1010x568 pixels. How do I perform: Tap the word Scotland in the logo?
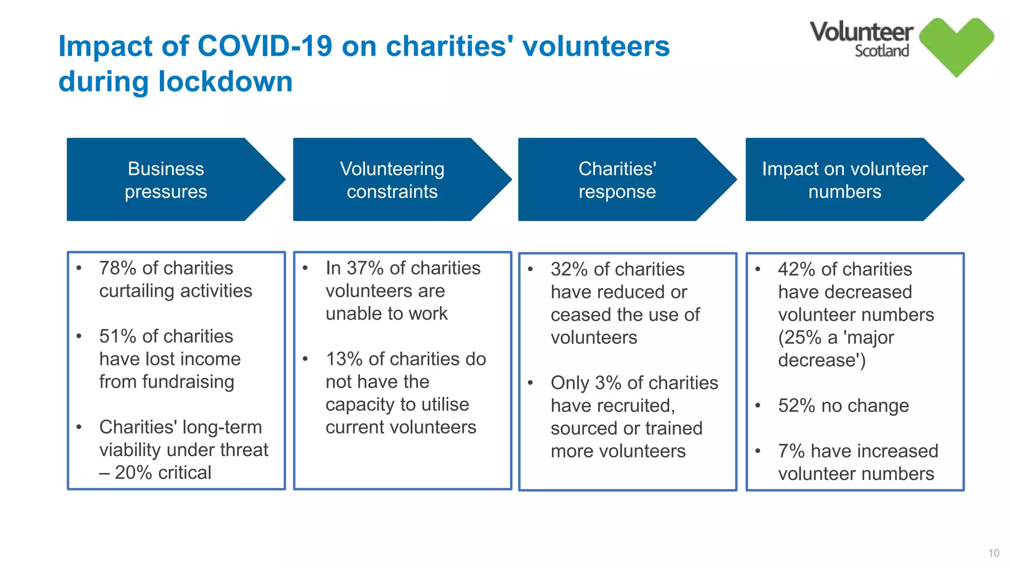882,51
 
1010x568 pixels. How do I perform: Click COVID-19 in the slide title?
265,46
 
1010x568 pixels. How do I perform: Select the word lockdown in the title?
225,81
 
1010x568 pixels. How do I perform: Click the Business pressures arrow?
166,179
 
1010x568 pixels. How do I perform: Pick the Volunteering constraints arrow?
392,179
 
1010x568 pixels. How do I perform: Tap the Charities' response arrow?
617,179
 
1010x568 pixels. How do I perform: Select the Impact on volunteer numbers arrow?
844,179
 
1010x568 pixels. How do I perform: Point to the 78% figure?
117,268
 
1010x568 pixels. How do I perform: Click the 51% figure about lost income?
117,336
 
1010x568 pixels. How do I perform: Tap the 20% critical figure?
133,472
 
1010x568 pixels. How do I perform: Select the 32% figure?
569,269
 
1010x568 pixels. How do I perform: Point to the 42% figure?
796,269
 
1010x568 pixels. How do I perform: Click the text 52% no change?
843,406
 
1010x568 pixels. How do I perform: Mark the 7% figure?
791,451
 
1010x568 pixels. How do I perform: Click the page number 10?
993,553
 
